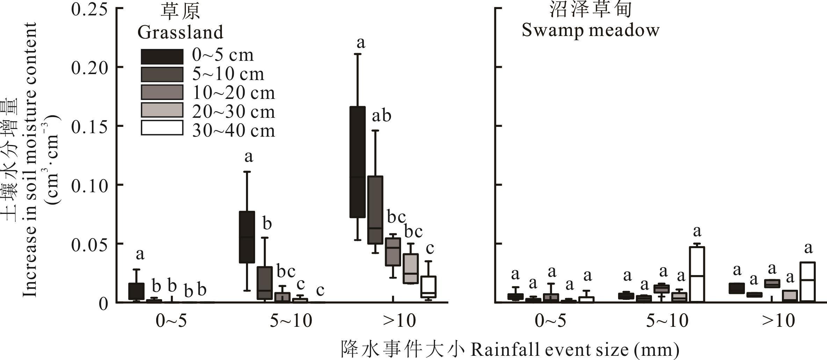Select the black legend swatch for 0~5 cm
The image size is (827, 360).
(162, 56)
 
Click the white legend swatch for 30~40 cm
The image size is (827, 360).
(162, 128)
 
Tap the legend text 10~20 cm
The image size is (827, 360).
(233, 93)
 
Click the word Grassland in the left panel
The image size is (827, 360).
(180, 33)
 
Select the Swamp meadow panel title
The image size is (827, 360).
(590, 30)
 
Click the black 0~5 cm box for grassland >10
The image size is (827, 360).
(357, 162)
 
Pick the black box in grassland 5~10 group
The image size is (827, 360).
(247, 237)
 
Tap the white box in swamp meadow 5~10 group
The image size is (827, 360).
(697, 274)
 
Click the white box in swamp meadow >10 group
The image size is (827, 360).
(807, 281)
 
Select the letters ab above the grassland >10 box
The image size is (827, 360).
(381, 116)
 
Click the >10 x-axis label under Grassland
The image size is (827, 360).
(399, 321)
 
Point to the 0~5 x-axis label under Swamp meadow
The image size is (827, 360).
(551, 321)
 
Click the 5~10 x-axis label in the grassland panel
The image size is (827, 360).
(291, 321)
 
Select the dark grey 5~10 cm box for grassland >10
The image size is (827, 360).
(375, 210)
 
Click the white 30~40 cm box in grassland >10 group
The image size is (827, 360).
(428, 287)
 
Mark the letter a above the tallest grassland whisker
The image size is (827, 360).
(361, 43)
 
